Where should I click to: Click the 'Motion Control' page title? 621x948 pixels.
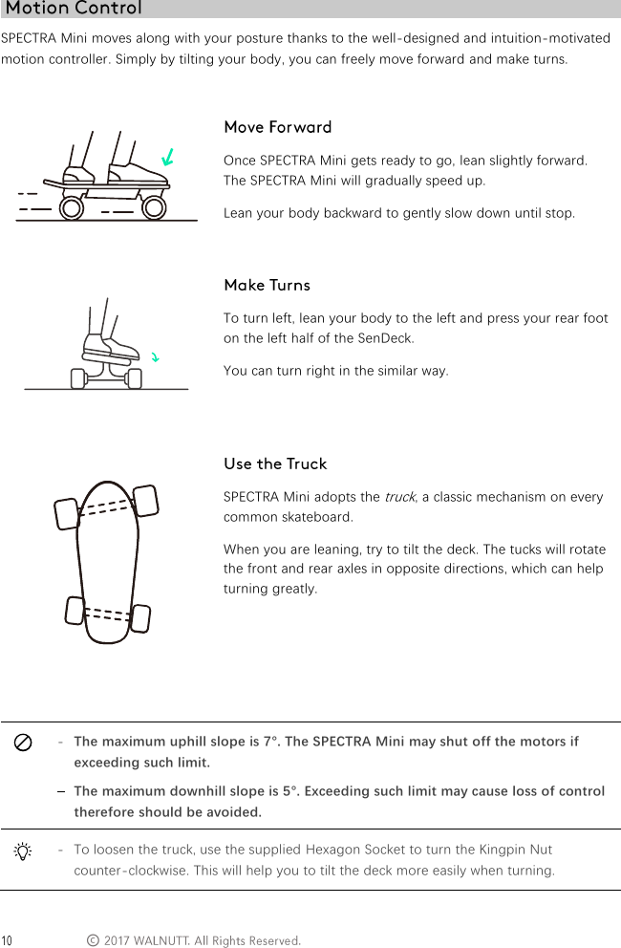pyautogui.click(x=74, y=9)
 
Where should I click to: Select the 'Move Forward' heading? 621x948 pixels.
pyautogui.click(x=277, y=127)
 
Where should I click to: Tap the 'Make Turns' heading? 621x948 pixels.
pyautogui.click(x=267, y=285)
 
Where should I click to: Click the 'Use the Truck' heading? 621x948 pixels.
pyautogui.click(x=275, y=463)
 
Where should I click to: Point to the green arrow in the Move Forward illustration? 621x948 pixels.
pyautogui.click(x=168, y=156)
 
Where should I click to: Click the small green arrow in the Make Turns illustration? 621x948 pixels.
pyautogui.click(x=155, y=357)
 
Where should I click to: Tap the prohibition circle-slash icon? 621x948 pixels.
pyautogui.click(x=24, y=743)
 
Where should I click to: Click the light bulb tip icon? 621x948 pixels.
pyautogui.click(x=24, y=851)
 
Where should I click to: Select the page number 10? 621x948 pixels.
pyautogui.click(x=7, y=941)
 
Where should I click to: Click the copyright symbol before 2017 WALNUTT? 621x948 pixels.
pyautogui.click(x=92, y=941)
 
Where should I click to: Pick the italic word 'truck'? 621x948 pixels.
pyautogui.click(x=399, y=497)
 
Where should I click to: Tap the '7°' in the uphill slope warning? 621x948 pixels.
pyautogui.click(x=271, y=742)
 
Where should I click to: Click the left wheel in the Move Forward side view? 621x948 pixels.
pyautogui.click(x=72, y=207)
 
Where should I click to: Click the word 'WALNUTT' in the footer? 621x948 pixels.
pyautogui.click(x=161, y=941)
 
